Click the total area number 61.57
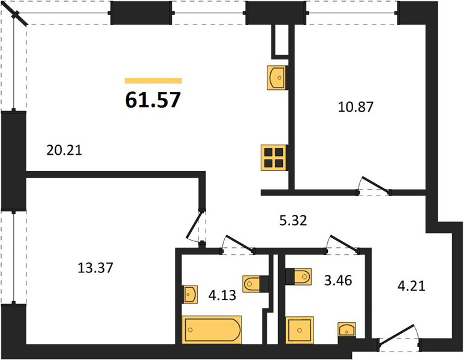point(153,100)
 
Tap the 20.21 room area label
point(64,151)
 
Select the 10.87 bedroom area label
point(355,107)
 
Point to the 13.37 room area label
point(95,268)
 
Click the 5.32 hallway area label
point(293,220)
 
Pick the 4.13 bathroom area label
point(222,295)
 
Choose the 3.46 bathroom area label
point(338,280)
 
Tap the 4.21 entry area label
point(411,286)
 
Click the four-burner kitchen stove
point(274,157)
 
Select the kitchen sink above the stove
point(278,77)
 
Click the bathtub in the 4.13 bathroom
point(212,329)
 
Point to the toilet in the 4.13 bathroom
point(255,284)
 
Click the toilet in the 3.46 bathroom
point(299,277)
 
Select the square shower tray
point(300,330)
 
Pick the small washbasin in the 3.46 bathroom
point(347,330)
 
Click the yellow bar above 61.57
point(153,81)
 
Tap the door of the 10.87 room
point(374,185)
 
